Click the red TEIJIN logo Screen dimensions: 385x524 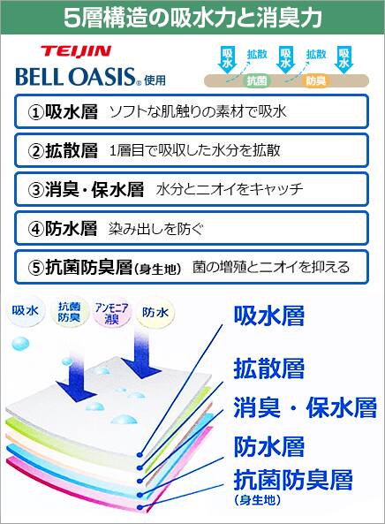coord(75,52)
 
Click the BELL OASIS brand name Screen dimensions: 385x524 coord(75,77)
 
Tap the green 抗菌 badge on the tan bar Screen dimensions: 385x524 coord(257,80)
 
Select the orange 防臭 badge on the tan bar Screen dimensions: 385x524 coord(315,80)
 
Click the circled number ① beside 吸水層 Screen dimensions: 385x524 coord(35,112)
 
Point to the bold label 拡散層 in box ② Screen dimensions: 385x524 coord(72,151)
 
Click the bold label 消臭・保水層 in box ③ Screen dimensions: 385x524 coord(94,189)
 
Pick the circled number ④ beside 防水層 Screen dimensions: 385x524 coord(35,229)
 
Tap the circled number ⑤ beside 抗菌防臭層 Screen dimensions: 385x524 coord(35,268)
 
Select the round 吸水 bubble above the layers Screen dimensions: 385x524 coord(25,311)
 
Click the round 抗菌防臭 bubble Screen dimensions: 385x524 coord(69,312)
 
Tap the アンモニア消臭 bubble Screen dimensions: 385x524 coord(111,313)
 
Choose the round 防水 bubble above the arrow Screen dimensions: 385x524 coord(155,313)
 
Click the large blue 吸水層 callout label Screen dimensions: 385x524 coord(269,315)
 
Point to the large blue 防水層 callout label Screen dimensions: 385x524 coord(269,446)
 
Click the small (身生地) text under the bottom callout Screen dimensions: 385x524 coord(257,500)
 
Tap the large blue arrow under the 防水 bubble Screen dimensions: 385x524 coord(141,353)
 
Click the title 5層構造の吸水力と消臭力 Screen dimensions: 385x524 coord(192,17)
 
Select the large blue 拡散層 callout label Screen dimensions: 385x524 coord(269,368)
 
